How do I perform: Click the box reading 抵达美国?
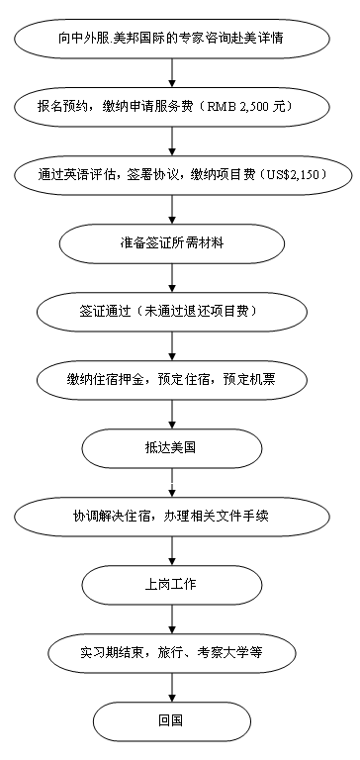[x=172, y=448]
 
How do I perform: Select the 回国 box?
[x=172, y=721]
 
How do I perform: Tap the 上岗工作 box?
[x=172, y=585]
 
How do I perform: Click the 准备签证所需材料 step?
[x=172, y=243]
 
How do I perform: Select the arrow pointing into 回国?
[x=172, y=688]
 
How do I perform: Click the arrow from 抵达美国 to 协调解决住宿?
[x=172, y=483]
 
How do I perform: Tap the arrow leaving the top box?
[x=172, y=72]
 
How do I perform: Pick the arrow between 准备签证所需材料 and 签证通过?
[x=172, y=278]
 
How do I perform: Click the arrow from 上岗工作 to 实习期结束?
[x=172, y=618]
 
